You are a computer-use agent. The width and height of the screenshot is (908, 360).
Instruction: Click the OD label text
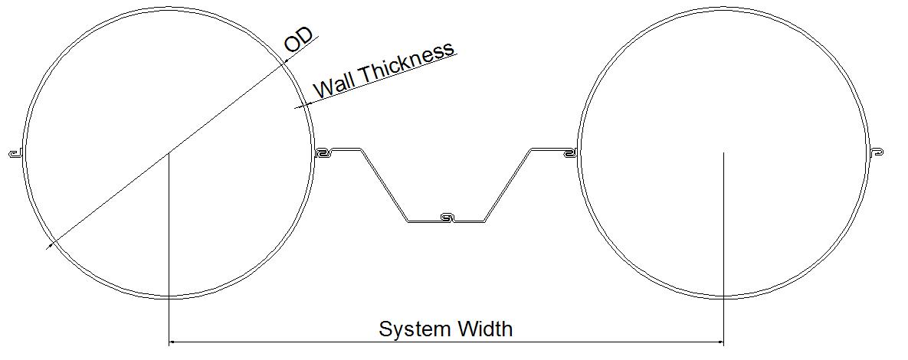298,41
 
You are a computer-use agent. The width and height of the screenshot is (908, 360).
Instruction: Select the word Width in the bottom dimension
485,329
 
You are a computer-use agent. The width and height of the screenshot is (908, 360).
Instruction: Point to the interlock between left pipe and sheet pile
322,152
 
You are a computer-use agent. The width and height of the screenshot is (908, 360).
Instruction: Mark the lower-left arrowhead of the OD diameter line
50,244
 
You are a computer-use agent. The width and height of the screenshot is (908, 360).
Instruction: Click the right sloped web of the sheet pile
509,185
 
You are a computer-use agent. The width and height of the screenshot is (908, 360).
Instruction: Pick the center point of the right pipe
723,153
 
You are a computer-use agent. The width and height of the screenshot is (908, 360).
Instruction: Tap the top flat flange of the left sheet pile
345,150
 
